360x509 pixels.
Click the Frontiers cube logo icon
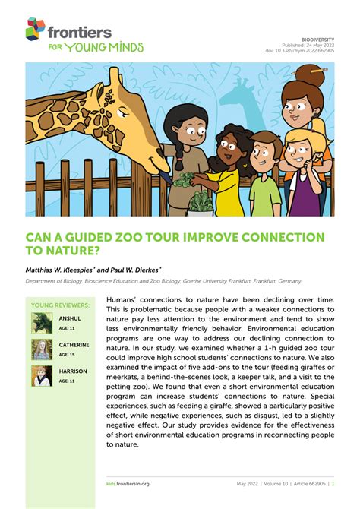[36, 29]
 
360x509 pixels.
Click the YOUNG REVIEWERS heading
[60, 305]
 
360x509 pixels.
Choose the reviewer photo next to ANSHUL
[41, 324]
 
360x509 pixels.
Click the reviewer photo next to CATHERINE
[41, 350]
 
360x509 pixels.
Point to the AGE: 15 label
[68, 355]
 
